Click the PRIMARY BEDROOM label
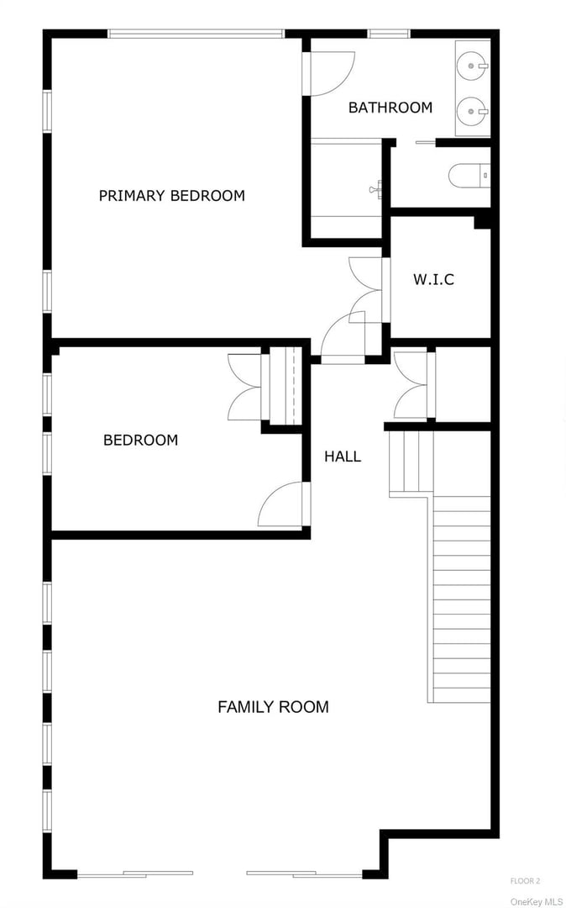(171, 196)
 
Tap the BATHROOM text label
(390, 108)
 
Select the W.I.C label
(433, 279)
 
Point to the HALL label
(343, 457)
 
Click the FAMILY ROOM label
(273, 707)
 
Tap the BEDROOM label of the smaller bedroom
(140, 440)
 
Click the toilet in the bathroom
(467, 176)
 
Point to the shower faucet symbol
(375, 189)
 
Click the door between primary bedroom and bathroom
(330, 73)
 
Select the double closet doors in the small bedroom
(246, 387)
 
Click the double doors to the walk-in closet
(367, 288)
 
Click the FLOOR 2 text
(525, 880)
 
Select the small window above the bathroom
(389, 34)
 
